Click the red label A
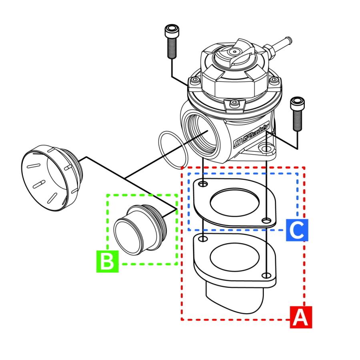(300, 318)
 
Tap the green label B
(107, 262)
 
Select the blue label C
(297, 230)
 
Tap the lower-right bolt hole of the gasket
(266, 220)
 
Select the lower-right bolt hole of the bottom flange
(266, 275)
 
